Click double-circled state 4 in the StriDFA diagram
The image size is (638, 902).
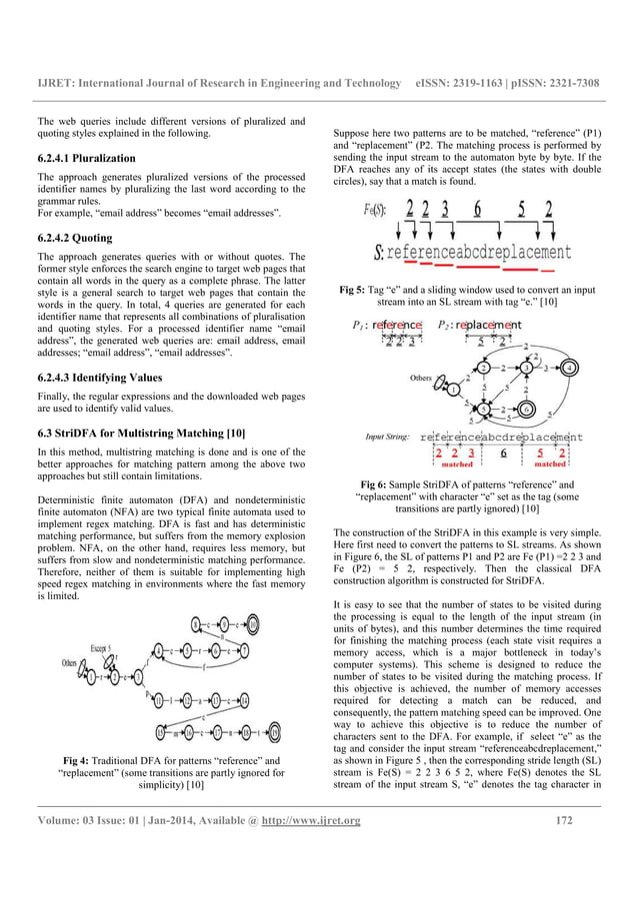(568, 367)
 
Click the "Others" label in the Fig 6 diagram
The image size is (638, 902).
(420, 379)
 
